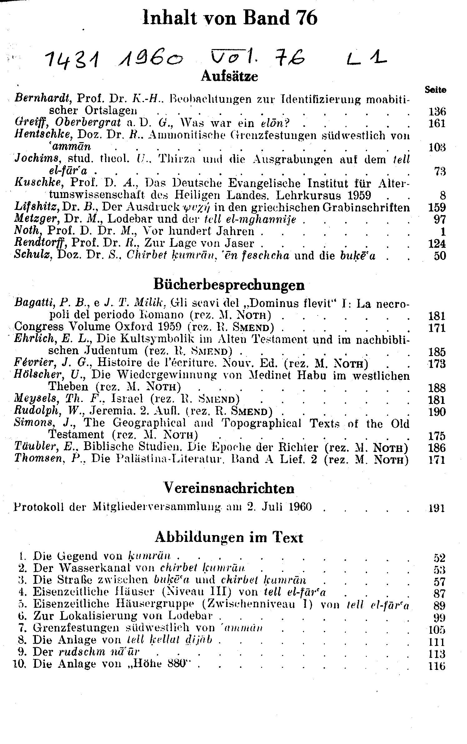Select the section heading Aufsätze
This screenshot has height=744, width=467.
[x=230, y=76]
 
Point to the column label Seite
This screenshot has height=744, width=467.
[x=435, y=90]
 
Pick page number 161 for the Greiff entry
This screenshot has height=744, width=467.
[x=436, y=123]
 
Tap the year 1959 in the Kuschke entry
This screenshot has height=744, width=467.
[x=359, y=196]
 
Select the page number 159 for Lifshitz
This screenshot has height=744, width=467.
[x=437, y=207]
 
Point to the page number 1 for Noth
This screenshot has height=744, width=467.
[x=443, y=231]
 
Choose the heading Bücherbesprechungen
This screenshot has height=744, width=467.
[x=229, y=284]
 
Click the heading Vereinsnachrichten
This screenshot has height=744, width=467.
[x=229, y=488]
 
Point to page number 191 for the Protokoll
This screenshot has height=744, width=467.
[x=436, y=508]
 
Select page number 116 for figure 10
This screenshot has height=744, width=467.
[x=436, y=666]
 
